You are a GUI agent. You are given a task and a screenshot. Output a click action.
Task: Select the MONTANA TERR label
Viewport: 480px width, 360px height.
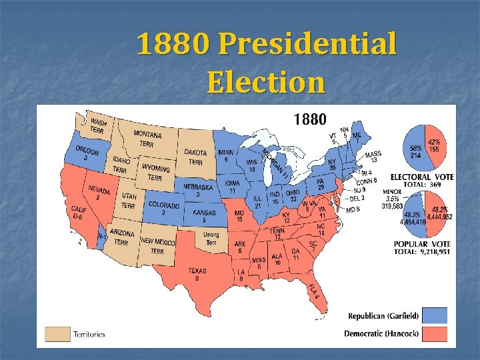point(147,138)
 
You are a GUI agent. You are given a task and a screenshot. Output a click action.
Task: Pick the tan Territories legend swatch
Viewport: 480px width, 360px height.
point(57,333)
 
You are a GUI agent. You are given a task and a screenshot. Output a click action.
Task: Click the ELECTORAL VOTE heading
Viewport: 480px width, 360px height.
point(422,177)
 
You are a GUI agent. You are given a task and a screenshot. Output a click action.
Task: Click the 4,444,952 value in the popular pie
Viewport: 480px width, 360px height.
point(439,216)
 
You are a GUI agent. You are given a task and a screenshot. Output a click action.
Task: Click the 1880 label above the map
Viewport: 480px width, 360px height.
point(310,120)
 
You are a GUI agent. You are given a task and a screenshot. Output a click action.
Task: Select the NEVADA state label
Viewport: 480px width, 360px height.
point(99,193)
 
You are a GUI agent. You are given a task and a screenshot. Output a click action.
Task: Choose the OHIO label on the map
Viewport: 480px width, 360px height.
point(293,195)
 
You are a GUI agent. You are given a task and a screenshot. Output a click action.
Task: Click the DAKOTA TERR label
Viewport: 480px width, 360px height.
point(195,157)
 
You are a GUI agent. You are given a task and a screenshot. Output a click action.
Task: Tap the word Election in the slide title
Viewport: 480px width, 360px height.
point(265,83)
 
